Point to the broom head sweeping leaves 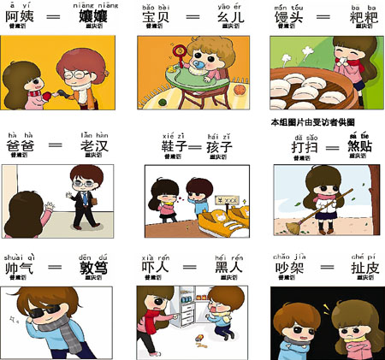pyautogui.click(x=296, y=226)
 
